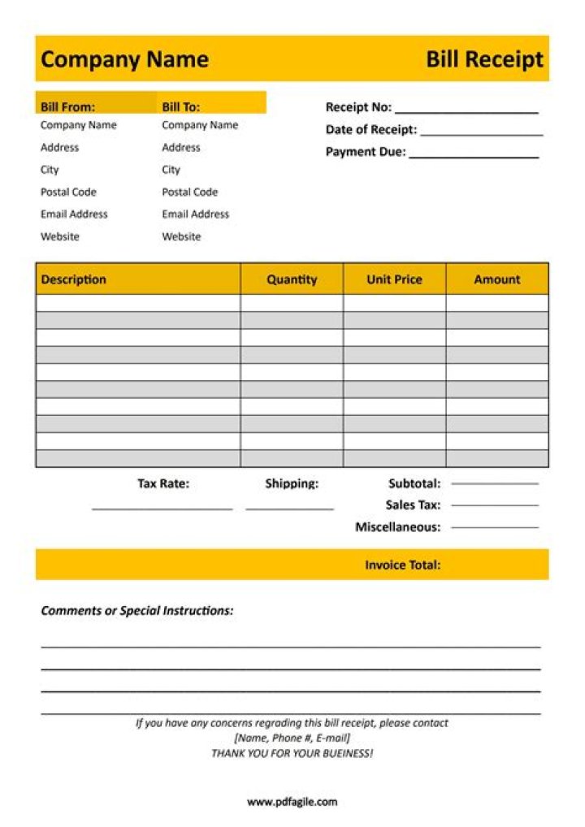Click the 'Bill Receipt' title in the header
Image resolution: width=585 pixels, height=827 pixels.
484,59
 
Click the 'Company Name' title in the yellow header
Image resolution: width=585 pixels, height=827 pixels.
124,59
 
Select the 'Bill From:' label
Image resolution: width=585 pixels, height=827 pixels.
67,106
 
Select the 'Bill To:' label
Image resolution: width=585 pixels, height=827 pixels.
180,106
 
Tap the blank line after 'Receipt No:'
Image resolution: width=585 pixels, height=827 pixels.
466,111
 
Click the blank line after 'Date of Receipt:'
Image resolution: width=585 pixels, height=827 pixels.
481,134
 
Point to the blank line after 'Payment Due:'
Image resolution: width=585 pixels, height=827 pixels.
474,156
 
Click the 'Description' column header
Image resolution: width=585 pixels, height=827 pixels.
74,279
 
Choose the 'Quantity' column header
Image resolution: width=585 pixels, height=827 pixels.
292,279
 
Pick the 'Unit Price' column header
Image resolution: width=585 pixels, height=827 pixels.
394,279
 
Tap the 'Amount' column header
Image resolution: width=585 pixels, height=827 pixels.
496,279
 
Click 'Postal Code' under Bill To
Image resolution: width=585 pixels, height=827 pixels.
189,193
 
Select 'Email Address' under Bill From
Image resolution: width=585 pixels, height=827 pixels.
74,214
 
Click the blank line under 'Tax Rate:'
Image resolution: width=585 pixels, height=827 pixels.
162,509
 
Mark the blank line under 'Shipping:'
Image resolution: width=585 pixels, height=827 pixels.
289,509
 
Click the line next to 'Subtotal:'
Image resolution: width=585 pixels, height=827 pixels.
494,484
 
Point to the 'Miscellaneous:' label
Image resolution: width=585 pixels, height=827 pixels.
397,527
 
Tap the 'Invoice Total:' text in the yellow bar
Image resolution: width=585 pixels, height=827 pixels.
402,565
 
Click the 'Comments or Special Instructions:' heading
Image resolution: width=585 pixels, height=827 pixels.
137,611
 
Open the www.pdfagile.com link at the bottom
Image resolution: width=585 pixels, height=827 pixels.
292,802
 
